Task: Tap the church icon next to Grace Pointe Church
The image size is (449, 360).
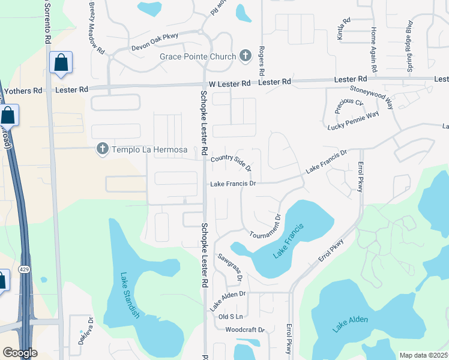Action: point(245,57)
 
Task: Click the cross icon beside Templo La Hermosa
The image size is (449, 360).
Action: point(103,149)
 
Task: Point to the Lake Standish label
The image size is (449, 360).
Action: point(130,296)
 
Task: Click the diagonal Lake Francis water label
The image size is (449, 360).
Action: point(289,241)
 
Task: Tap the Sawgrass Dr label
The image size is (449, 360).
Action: point(229,268)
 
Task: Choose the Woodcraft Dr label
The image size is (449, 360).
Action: point(245,330)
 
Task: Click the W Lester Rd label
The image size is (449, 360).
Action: point(229,83)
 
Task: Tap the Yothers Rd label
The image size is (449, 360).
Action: point(23,91)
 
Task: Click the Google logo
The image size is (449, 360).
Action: point(20,353)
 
